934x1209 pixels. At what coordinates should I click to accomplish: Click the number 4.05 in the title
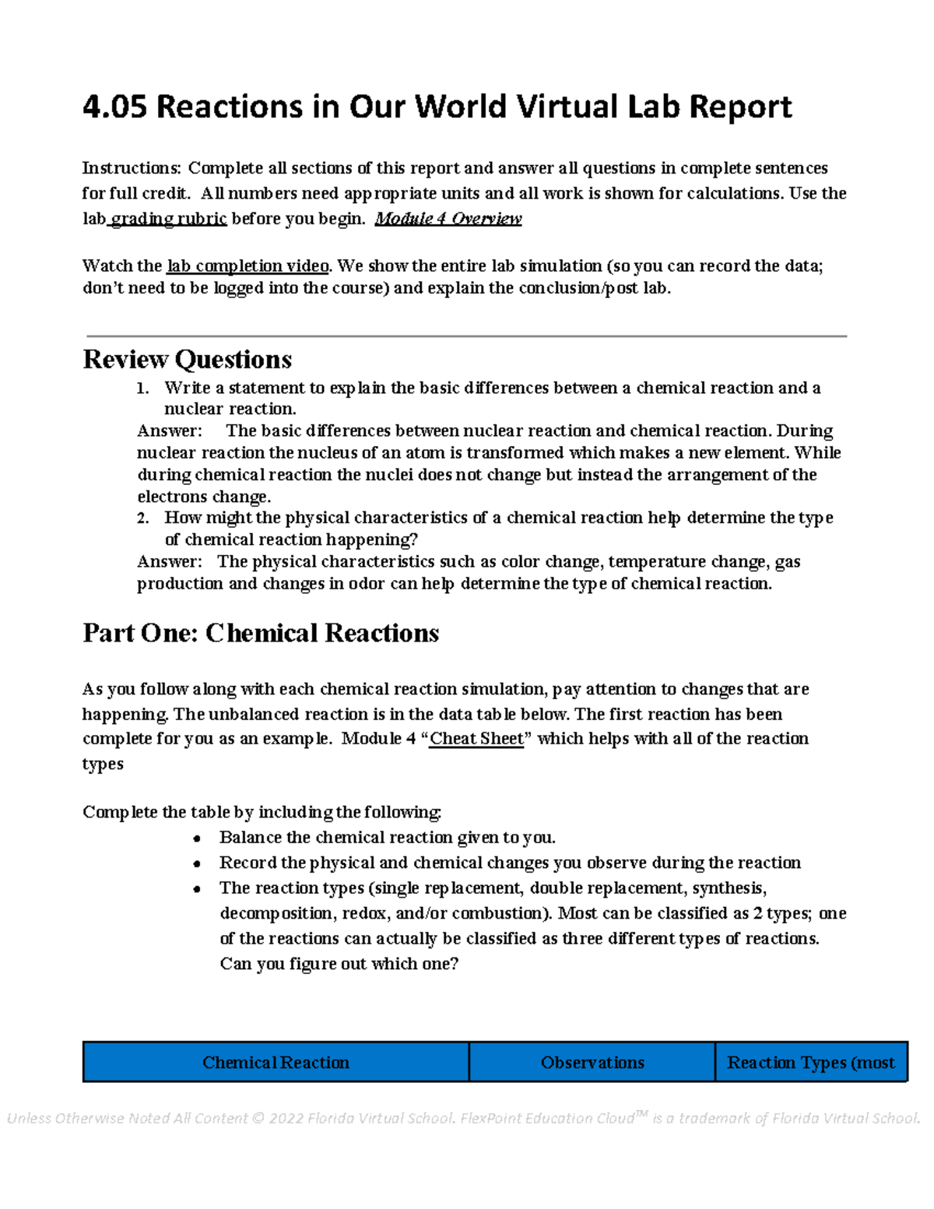[114, 107]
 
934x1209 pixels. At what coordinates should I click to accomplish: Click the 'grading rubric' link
[169, 219]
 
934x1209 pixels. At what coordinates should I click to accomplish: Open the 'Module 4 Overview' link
[448, 219]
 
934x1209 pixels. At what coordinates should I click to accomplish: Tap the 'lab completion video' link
[248, 266]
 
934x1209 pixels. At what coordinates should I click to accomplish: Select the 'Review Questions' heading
[187, 360]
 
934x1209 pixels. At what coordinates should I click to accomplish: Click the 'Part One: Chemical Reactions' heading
[261, 633]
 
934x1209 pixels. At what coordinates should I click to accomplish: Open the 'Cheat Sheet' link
[476, 739]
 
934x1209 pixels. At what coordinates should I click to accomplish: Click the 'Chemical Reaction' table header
[276, 1063]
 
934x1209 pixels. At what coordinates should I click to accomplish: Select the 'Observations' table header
[592, 1063]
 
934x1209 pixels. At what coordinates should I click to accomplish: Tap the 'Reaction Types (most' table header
[810, 1063]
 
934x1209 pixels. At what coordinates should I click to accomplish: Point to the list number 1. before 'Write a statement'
[142, 388]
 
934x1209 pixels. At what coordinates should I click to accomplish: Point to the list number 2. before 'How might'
[142, 518]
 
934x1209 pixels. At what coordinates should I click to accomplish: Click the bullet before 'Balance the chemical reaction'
[198, 839]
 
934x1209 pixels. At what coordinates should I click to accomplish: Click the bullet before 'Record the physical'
[198, 864]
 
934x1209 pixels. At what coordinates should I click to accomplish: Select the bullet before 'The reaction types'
[198, 889]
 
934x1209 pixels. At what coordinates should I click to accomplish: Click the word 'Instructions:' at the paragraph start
[131, 169]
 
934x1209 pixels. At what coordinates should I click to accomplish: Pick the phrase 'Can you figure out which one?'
[339, 964]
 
